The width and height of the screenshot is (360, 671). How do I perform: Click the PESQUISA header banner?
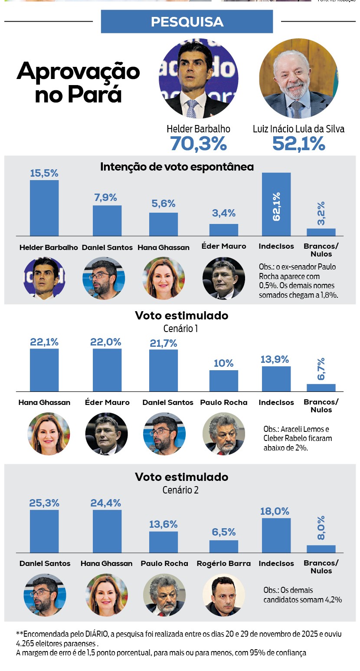coord(187,22)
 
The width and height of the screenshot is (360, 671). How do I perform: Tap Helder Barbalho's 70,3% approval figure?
coord(198,144)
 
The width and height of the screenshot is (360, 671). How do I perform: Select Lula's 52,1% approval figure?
coord(298,144)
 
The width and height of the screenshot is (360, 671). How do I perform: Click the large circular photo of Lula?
coord(299,79)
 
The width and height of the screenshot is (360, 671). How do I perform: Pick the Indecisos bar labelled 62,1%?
coord(276,204)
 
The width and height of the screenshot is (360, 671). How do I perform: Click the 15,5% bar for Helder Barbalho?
coord(44,208)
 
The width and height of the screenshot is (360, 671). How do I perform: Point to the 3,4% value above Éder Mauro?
coord(224,213)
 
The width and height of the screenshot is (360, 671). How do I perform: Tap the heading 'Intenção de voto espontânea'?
coord(177,167)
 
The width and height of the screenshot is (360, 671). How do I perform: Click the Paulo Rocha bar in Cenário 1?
coord(224,381)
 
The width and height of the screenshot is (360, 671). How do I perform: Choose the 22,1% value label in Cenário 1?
coord(44,342)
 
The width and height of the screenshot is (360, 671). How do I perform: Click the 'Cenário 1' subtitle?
coord(180,329)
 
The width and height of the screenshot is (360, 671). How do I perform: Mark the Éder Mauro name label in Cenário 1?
coord(107,402)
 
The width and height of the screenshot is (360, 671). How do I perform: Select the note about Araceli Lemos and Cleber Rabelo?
coord(298,438)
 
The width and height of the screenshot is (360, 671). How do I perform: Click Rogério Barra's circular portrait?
coord(224,595)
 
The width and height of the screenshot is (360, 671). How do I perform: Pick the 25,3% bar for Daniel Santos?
coord(44,531)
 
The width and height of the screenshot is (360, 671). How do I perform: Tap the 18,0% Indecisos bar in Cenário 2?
coord(276,536)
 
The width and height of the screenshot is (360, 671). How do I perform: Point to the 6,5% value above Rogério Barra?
coord(224,532)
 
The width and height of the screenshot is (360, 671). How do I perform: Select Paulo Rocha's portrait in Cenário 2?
coord(164,595)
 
